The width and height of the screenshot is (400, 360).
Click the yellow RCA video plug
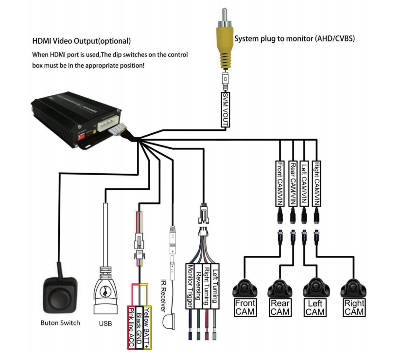pyautogui.click(x=225, y=38)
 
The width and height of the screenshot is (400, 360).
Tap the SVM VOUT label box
pyautogui.click(x=225, y=109)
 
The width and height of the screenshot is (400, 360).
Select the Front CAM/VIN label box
pyautogui.click(x=280, y=183)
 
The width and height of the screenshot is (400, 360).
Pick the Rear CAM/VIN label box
pyautogui.click(x=293, y=183)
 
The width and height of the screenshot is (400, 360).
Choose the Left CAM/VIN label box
pyautogui.click(x=304, y=183)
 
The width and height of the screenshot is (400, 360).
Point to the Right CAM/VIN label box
pyautogui.click(x=316, y=183)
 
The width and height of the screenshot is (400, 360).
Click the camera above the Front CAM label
pyautogui.click(x=245, y=288)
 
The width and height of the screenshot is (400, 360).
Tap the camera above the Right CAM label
pyautogui.click(x=353, y=288)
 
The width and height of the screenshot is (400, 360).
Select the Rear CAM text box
pyautogui.click(x=280, y=307)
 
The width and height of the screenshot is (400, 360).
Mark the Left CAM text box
pyautogui.click(x=315, y=307)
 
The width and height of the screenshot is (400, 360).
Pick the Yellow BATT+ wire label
pyautogui.click(x=147, y=327)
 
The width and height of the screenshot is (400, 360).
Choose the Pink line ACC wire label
pyautogui.click(x=131, y=327)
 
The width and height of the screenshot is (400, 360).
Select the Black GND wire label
pyautogui.click(x=139, y=327)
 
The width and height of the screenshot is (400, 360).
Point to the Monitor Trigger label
pyautogui.click(x=190, y=286)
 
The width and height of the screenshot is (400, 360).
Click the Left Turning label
pyautogui.click(x=215, y=286)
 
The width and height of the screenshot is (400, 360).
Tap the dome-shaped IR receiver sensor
pyautogui.click(x=169, y=322)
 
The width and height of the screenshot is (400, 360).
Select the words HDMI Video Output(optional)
pyautogui.click(x=81, y=41)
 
